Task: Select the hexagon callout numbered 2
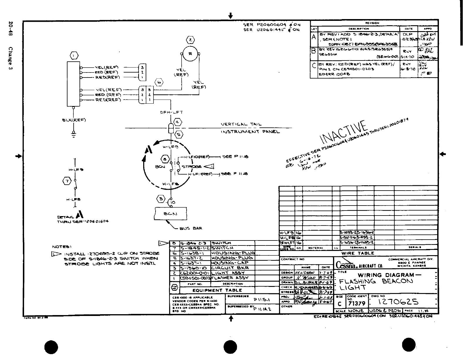click(190, 40)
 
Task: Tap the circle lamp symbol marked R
click(190, 54)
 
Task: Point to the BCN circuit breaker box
click(170, 213)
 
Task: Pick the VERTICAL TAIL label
click(241, 125)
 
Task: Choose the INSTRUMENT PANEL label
click(250, 132)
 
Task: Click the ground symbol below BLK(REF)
click(74, 135)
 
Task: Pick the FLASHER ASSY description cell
click(230, 278)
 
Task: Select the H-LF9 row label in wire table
click(286, 233)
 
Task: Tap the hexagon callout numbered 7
click(67, 181)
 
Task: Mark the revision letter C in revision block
click(314, 66)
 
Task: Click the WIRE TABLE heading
click(358, 253)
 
